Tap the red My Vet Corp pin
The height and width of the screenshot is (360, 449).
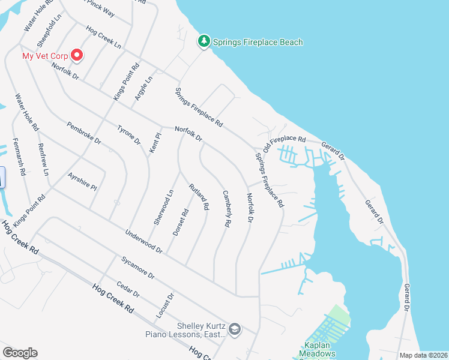(77, 56)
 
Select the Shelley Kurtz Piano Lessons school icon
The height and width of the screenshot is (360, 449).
(235, 328)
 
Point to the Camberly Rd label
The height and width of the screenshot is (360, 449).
(227, 208)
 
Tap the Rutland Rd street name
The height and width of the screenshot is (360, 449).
(199, 196)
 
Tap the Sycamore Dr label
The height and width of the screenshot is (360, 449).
(137, 268)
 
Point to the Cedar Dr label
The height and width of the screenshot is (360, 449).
(128, 290)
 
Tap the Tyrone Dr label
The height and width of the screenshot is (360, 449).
(128, 135)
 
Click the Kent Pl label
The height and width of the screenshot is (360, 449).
(155, 143)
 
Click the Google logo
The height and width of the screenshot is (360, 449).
(20, 353)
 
